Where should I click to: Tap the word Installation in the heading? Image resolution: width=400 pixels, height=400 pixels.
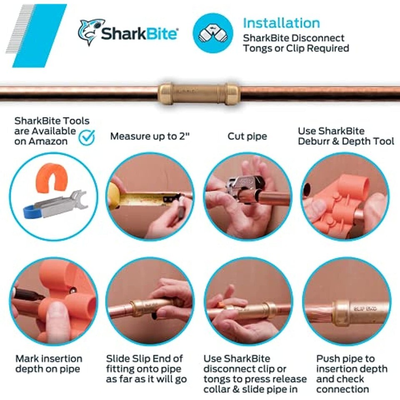[x=281, y=23]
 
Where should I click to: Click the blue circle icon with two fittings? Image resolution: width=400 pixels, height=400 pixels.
[x=213, y=33]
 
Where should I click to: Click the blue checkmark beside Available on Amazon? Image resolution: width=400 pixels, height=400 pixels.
[x=87, y=137]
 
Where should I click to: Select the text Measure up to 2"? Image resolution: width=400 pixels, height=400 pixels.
[x=150, y=136]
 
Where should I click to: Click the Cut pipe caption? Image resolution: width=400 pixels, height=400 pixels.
[x=247, y=136]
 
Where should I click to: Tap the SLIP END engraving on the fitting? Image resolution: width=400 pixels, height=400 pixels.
[x=365, y=309]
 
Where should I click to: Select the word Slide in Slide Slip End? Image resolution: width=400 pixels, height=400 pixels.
[x=116, y=358]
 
